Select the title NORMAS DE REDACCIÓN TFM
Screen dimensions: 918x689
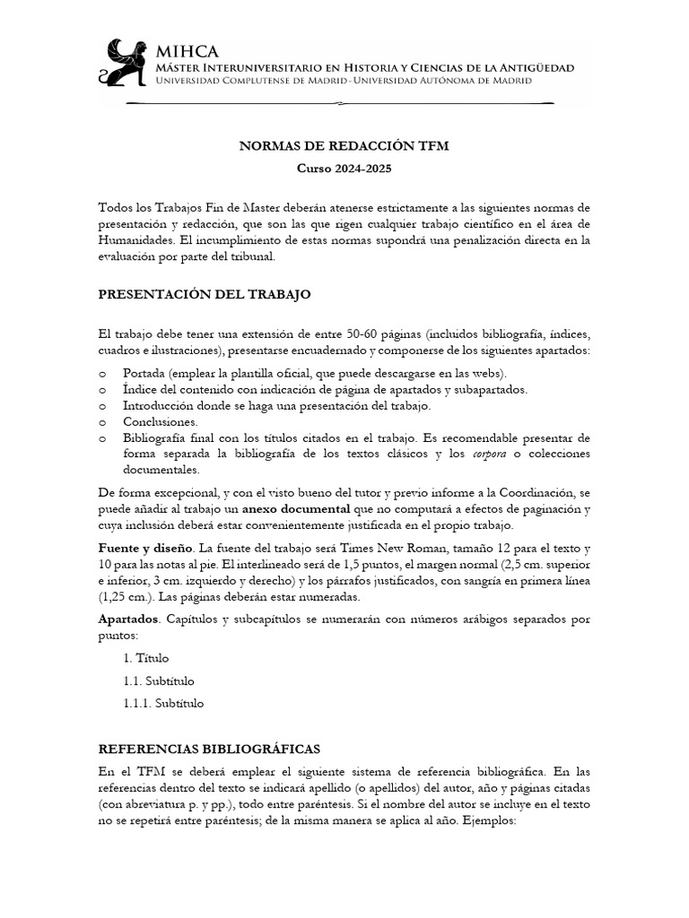click(x=344, y=145)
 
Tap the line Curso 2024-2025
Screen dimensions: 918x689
click(x=344, y=168)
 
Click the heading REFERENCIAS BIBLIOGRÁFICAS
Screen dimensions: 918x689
click(x=209, y=748)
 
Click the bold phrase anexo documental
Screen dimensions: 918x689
click(x=300, y=509)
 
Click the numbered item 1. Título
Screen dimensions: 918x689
click(x=146, y=658)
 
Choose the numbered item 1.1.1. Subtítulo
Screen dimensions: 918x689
click(x=164, y=703)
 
